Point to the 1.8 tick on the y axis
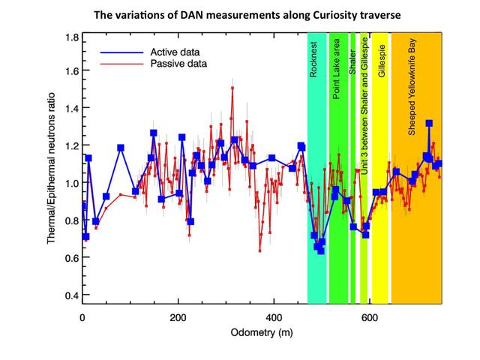(x=70, y=37)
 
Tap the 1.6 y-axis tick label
(x=70, y=72)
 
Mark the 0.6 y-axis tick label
(x=70, y=259)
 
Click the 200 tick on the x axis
(x=178, y=316)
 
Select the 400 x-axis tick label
(x=274, y=316)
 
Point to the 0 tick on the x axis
(x=82, y=316)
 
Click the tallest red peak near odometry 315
(x=233, y=88)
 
